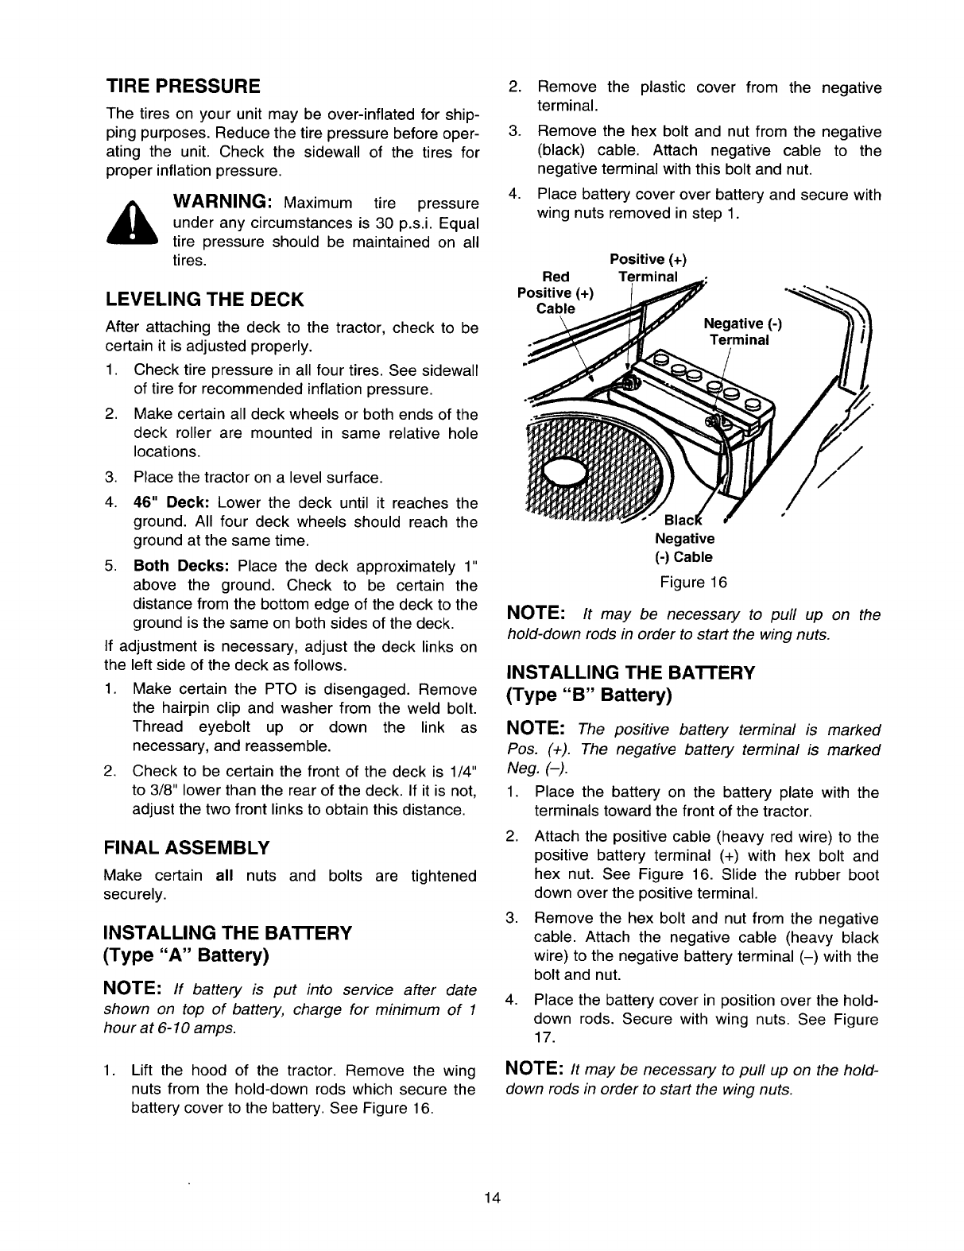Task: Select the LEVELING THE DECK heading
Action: (204, 300)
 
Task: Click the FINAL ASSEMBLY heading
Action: (187, 847)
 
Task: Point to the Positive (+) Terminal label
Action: (648, 268)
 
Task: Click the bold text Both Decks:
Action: (181, 567)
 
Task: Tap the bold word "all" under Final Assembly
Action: (226, 876)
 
